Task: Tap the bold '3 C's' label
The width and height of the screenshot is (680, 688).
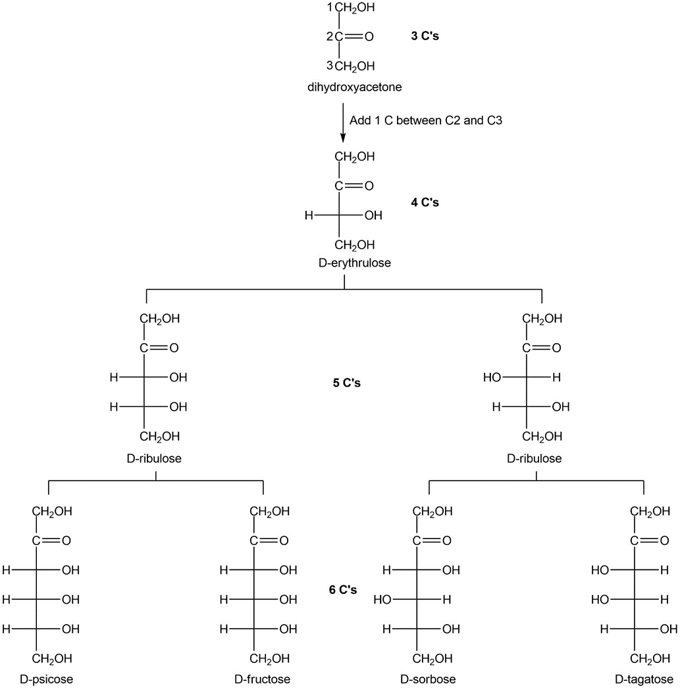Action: coord(425,36)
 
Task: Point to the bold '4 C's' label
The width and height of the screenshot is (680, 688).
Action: coord(425,202)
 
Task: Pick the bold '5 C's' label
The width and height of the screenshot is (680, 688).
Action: coord(346,382)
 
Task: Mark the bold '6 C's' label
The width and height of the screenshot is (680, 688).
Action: coord(342,590)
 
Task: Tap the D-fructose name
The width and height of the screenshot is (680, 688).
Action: coord(262,679)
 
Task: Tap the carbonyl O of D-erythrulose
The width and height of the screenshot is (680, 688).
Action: coord(369,186)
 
